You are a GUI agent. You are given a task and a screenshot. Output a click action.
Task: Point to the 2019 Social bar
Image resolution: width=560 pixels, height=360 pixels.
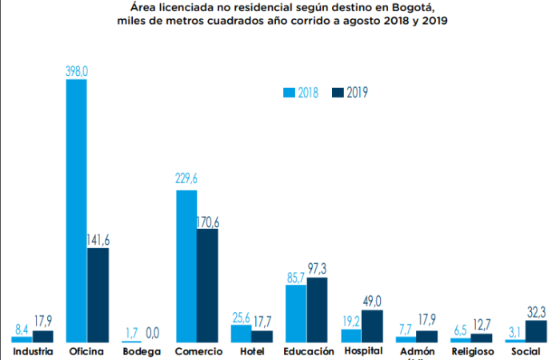tap(536, 330)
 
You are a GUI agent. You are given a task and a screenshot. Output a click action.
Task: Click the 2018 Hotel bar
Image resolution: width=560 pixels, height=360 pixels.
tap(241, 334)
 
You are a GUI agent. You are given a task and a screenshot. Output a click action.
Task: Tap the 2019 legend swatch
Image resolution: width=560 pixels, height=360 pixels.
tap(337, 92)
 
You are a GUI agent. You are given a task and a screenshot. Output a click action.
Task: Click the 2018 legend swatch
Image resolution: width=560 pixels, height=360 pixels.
tap(290, 92)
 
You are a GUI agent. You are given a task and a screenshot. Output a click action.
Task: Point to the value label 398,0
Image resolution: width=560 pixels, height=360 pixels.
tap(76, 71)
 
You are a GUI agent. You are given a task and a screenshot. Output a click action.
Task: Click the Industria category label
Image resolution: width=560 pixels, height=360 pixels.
tap(33, 351)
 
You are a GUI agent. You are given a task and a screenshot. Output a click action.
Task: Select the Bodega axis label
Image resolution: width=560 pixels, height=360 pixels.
tap(142, 351)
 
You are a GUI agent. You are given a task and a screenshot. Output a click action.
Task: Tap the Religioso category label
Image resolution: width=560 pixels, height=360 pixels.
tap(470, 351)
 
